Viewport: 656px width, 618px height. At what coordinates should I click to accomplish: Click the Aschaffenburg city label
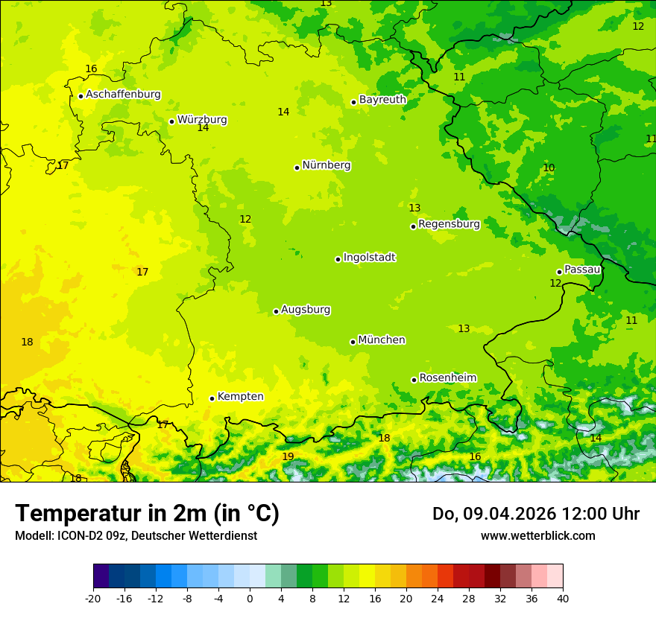[123, 95]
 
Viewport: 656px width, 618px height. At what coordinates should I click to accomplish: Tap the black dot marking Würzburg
[171, 121]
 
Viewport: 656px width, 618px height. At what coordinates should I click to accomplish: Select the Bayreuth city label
[382, 100]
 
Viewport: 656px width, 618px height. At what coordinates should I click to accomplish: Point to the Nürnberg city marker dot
[297, 168]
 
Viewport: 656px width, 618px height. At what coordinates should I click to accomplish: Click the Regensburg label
[449, 224]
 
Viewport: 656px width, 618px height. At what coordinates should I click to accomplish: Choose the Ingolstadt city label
[369, 258]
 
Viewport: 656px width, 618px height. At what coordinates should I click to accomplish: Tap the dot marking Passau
[559, 272]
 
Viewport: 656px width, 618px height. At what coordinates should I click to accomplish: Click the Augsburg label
[306, 310]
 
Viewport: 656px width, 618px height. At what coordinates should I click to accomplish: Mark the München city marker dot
[353, 342]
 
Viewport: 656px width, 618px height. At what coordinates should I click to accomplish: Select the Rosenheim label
[447, 378]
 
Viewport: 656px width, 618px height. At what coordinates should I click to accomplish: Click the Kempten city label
[240, 397]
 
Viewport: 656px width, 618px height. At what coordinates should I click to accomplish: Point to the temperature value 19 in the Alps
[288, 456]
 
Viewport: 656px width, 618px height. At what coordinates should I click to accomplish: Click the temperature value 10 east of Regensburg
[549, 168]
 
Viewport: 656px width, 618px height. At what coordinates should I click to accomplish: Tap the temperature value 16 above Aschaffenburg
[91, 69]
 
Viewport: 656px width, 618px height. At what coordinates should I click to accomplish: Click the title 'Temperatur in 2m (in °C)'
[147, 514]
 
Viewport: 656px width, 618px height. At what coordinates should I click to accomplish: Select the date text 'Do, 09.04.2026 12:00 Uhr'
[535, 514]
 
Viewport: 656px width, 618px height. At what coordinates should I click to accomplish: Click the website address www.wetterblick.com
[537, 536]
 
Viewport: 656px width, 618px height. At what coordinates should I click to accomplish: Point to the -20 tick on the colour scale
[93, 598]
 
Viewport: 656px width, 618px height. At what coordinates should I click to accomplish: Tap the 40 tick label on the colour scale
[562, 598]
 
